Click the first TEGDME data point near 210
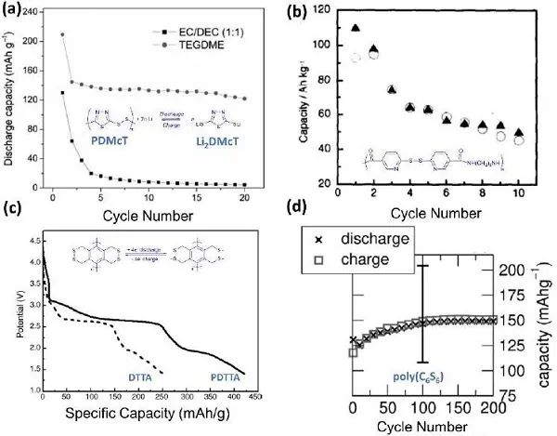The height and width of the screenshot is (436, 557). (62, 35)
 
